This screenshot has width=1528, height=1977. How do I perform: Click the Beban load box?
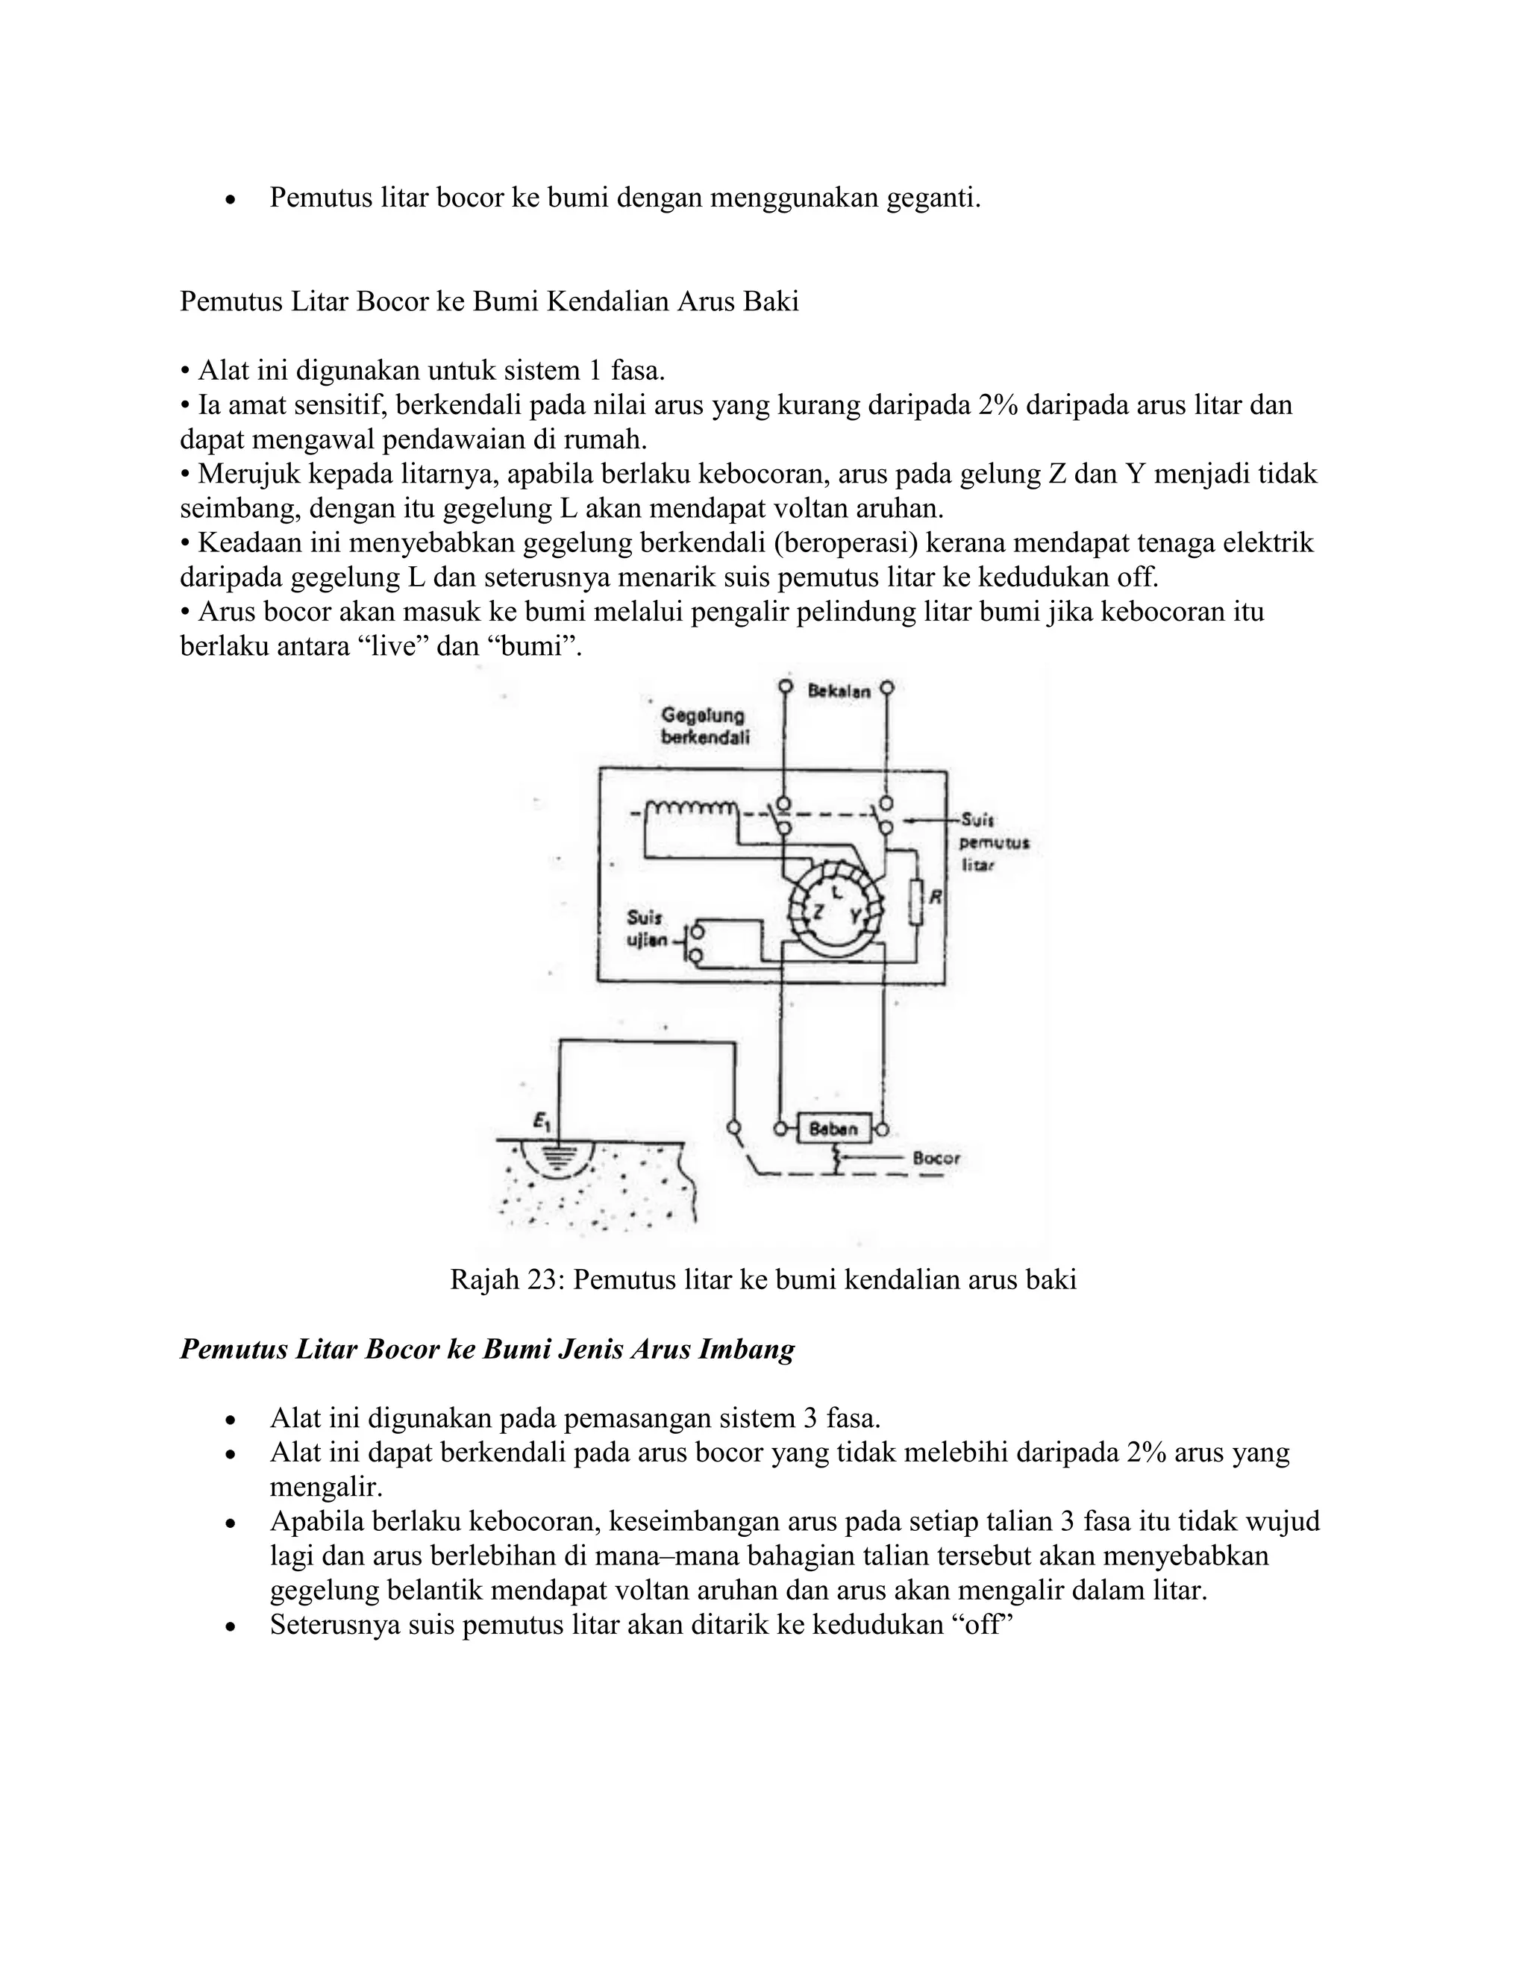click(833, 1129)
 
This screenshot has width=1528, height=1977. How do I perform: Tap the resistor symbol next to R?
click(916, 902)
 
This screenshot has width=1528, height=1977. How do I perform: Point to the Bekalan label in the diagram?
click(839, 692)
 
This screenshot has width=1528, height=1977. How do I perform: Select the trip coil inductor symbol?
click(692, 806)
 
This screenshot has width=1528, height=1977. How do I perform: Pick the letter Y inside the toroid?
click(854, 915)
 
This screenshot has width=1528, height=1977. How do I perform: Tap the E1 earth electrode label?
click(542, 1123)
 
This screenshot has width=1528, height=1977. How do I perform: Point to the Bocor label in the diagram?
click(936, 1158)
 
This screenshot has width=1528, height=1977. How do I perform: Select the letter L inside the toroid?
click(836, 892)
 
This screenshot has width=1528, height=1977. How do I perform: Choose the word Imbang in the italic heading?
click(748, 1350)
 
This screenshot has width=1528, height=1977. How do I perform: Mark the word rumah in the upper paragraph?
click(604, 440)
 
